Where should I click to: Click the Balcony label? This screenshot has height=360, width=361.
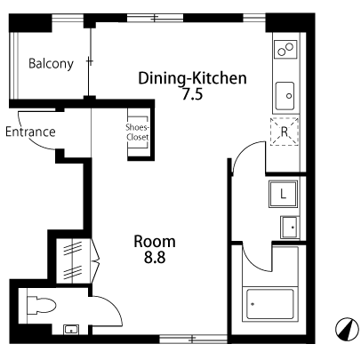pyautogui.click(x=51, y=64)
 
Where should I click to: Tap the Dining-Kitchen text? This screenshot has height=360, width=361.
pyautogui.click(x=193, y=78)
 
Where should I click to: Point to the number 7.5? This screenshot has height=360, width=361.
pyautogui.click(x=192, y=94)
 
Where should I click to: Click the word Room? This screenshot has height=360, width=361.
pyautogui.click(x=155, y=242)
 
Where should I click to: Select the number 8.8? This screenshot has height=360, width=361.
pyautogui.click(x=155, y=257)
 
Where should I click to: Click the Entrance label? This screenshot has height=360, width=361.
pyautogui.click(x=30, y=132)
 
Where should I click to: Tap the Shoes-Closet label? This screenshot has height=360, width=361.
pyautogui.click(x=137, y=132)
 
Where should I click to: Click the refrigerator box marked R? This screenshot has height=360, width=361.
pyautogui.click(x=285, y=132)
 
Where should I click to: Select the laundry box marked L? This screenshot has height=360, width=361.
pyautogui.click(x=283, y=194)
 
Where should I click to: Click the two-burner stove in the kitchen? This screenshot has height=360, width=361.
pyautogui.click(x=285, y=49)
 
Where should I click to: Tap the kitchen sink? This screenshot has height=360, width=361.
pyautogui.click(x=285, y=96)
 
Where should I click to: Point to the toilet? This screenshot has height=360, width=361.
pyautogui.click(x=41, y=305)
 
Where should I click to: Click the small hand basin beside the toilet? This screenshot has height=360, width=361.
pyautogui.click(x=71, y=330)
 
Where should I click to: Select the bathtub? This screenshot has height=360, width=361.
pyautogui.click(x=270, y=304)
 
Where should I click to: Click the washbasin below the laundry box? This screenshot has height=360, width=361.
pyautogui.click(x=289, y=228)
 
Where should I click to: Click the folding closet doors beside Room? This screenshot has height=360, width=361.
pyautogui.click(x=95, y=260)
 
